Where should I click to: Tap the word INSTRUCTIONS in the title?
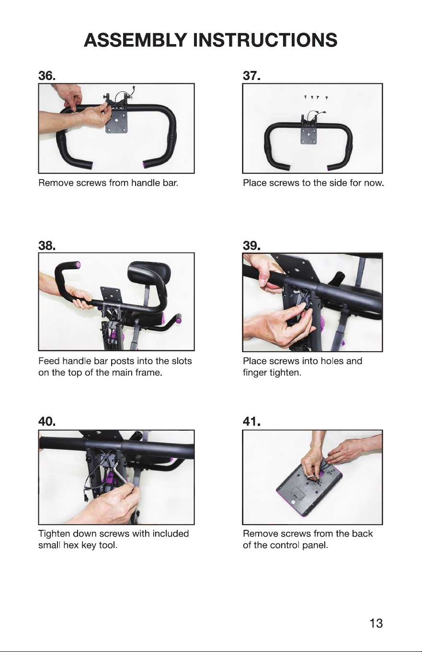click(x=265, y=40)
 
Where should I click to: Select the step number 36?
click(x=47, y=76)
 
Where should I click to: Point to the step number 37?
click(x=251, y=76)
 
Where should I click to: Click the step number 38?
click(x=47, y=245)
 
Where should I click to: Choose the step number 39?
click(x=251, y=245)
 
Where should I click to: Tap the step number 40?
click(x=47, y=421)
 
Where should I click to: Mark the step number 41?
click(x=251, y=421)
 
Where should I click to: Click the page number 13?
click(x=376, y=623)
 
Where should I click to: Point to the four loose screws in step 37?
click(x=316, y=97)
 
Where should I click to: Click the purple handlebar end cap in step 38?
click(x=78, y=265)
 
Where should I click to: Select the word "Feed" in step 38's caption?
click(x=49, y=361)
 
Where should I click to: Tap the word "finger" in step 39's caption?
click(x=255, y=373)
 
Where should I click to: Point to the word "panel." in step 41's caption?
click(x=315, y=545)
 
